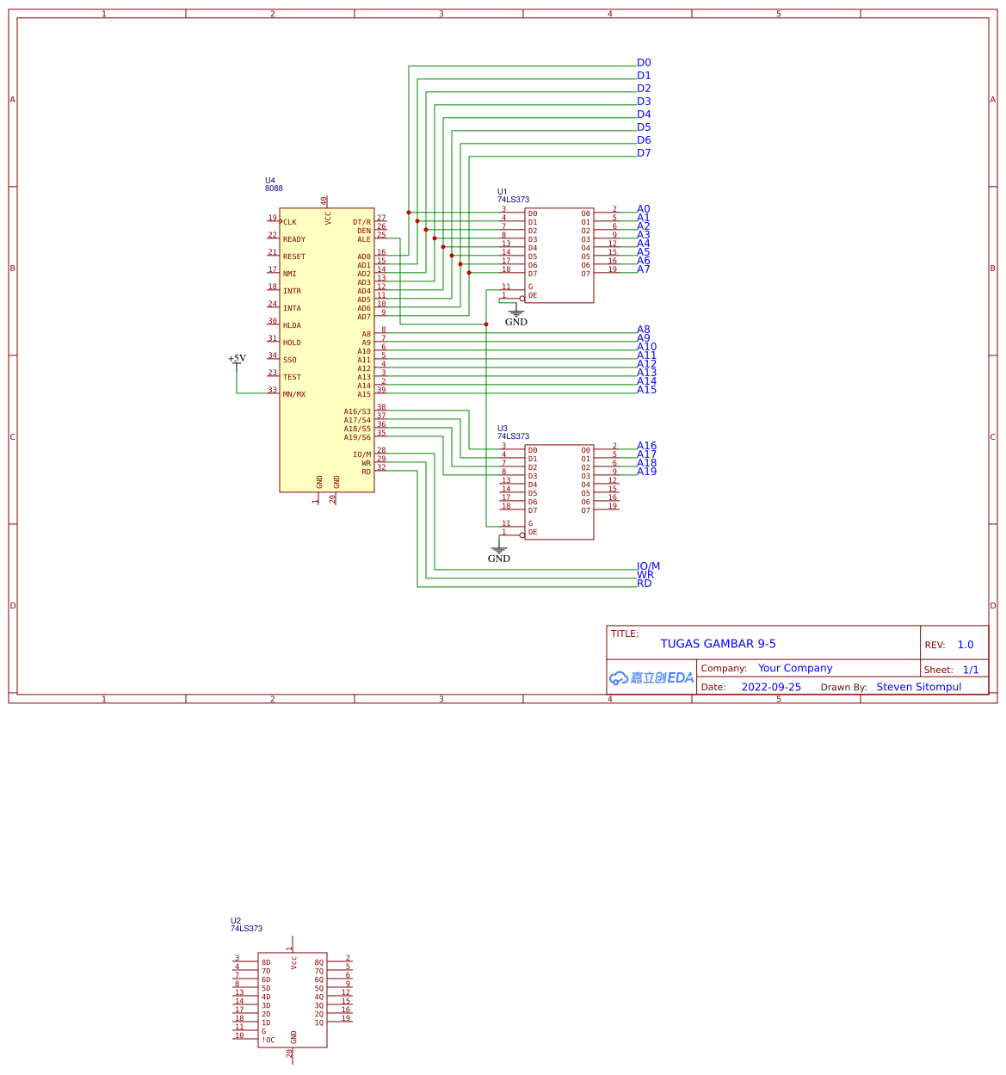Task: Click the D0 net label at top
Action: point(644,63)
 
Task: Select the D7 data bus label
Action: point(644,153)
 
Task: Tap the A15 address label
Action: point(646,390)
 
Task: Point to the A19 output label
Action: point(646,472)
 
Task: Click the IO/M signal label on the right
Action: point(648,566)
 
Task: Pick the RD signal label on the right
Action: point(645,584)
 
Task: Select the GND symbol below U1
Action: point(516,318)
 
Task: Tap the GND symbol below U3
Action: point(499,554)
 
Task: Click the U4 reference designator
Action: point(270,181)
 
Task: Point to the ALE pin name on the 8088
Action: point(364,239)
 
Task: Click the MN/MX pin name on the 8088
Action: point(294,394)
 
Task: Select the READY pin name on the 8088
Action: point(294,239)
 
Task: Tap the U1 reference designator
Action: point(503,192)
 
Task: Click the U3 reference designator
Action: point(503,429)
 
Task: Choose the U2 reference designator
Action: point(236,921)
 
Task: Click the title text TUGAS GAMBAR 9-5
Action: point(718,644)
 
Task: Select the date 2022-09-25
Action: point(771,687)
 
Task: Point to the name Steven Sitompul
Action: point(918,687)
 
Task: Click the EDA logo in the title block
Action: point(651,678)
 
